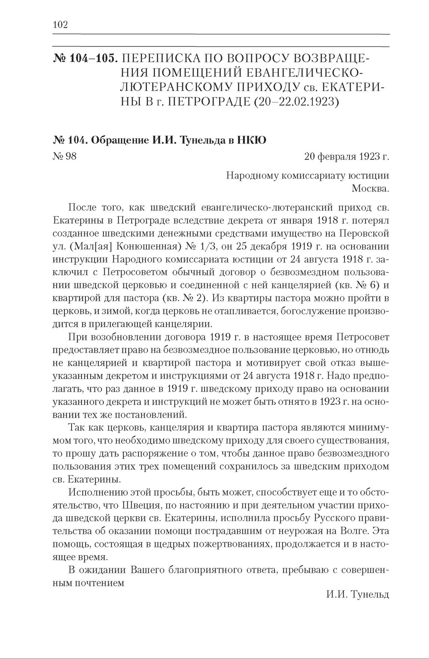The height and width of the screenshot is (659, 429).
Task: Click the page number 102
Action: pos(60,25)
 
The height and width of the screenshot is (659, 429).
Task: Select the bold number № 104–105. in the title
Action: pos(85,59)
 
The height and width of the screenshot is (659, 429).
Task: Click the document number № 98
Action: pos(65,156)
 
